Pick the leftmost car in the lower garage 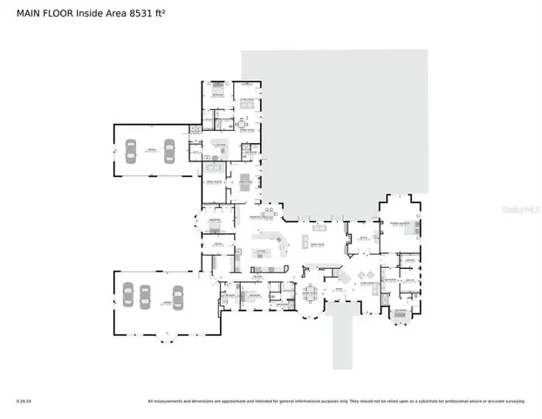[x=127, y=296]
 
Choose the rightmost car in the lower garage [x=178, y=297]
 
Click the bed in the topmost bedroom [x=216, y=92]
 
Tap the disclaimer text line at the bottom [x=336, y=402]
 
